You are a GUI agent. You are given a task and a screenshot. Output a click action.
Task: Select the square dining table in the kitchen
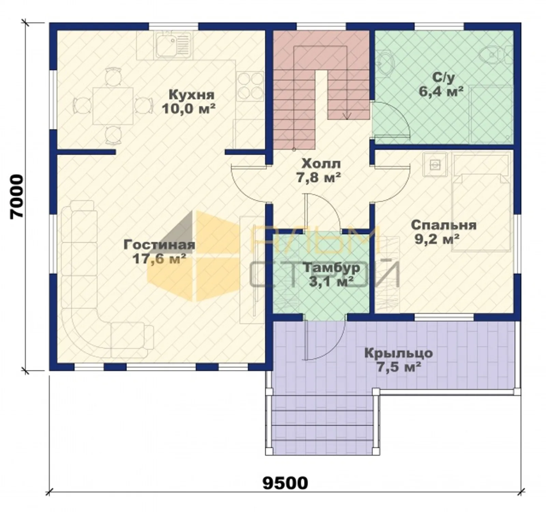click(x=113, y=106)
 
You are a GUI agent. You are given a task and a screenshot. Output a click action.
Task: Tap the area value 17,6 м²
click(x=159, y=259)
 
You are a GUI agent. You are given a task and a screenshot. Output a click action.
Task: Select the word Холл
click(x=321, y=164)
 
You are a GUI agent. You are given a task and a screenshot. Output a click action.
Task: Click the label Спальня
click(x=444, y=226)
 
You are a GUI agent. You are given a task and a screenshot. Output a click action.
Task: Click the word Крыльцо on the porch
click(x=399, y=353)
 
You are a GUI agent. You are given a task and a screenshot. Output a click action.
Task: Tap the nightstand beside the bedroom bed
click(x=434, y=165)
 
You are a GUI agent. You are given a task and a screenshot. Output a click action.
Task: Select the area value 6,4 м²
click(x=441, y=91)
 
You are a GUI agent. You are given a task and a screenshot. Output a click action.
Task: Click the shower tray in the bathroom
click(x=491, y=114)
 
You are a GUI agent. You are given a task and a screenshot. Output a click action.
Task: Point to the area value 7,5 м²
click(x=398, y=367)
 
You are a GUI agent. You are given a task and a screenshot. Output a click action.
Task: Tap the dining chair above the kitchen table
click(x=113, y=76)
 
